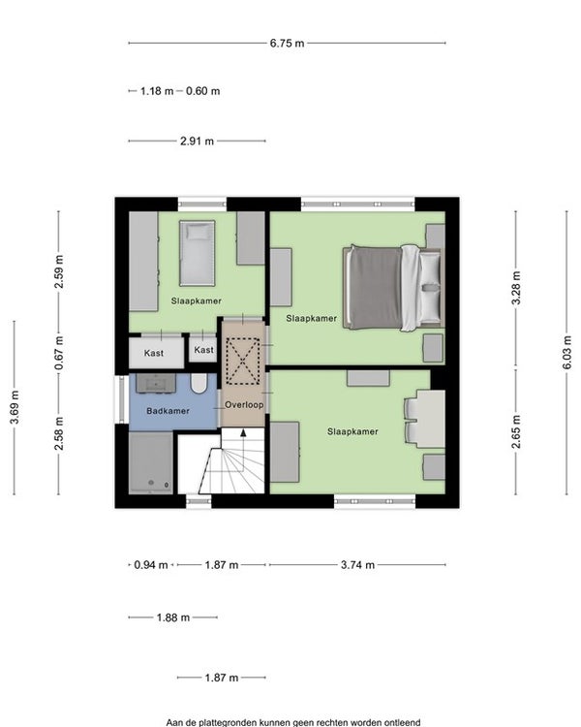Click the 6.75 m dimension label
(x=287, y=43)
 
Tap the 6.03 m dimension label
(x=567, y=353)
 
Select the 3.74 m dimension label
(x=357, y=565)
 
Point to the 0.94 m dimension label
(x=151, y=565)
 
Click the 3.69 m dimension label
(x=15, y=407)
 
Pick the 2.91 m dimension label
(x=197, y=141)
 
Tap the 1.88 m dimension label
(x=172, y=617)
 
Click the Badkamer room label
(x=168, y=411)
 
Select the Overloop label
(x=244, y=405)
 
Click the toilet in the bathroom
(x=199, y=384)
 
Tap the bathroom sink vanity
(x=156, y=383)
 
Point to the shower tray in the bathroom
(x=151, y=462)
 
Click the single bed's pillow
(x=198, y=232)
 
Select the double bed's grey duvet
(x=376, y=288)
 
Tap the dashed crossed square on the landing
(x=243, y=362)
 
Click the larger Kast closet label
(x=154, y=353)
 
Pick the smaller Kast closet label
(x=204, y=350)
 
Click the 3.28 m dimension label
(x=516, y=289)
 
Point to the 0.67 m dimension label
(x=59, y=353)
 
